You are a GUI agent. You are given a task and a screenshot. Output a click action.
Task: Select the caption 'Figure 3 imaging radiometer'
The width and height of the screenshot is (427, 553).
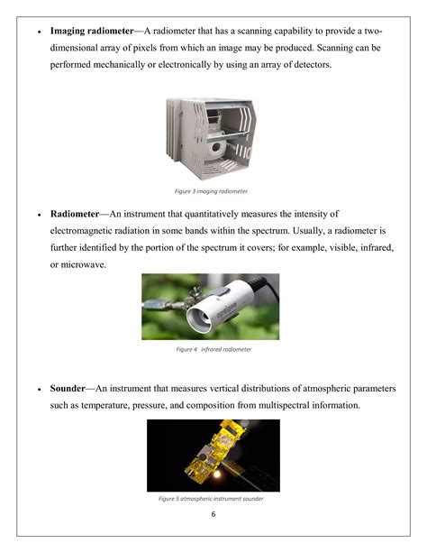(x=212, y=191)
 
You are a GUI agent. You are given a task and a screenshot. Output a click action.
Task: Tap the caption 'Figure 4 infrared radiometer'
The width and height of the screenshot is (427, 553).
(x=213, y=348)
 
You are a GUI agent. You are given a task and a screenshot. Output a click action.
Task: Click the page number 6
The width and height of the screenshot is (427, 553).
(x=213, y=514)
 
